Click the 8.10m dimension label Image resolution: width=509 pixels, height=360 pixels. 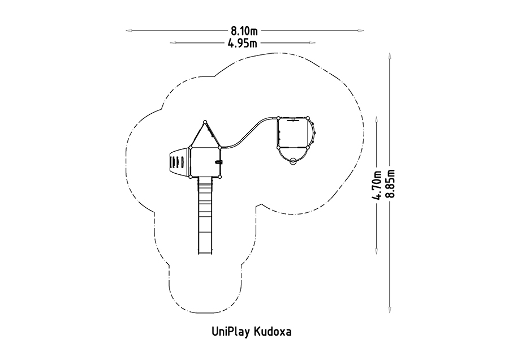244,31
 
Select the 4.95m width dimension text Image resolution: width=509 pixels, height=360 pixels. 242,43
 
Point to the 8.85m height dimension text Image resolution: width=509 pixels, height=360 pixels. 390,183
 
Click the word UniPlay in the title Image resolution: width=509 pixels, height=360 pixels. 230,332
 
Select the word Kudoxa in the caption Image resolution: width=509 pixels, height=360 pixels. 273,332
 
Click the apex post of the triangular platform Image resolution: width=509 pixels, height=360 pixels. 205,122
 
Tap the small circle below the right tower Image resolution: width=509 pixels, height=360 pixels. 293,161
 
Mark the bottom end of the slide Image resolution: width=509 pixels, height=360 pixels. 205,253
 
